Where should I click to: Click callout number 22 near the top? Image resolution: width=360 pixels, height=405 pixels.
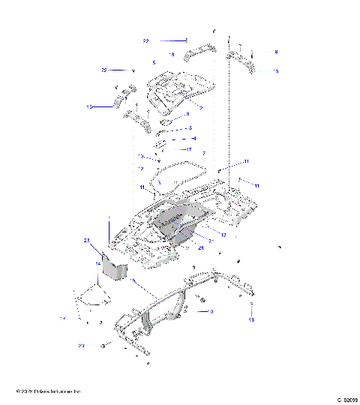point(145,40)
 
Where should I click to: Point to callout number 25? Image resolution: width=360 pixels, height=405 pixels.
point(105,70)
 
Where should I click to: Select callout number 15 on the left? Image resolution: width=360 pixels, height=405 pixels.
point(89,107)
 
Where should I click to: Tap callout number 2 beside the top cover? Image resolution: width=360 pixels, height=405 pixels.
point(201,107)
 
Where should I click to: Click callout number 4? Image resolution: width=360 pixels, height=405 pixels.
point(193,139)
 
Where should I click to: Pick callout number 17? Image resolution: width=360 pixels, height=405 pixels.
point(189,149)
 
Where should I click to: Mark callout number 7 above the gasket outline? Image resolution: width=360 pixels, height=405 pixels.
point(203,153)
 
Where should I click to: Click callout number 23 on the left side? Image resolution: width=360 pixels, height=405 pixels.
point(87,240)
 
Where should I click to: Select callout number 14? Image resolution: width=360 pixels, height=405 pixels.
point(97,264)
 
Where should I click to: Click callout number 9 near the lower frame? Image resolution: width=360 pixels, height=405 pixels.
point(190,311)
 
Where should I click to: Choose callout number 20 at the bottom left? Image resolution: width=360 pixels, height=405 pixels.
point(81,346)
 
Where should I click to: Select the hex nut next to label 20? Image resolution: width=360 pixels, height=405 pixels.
point(100,346)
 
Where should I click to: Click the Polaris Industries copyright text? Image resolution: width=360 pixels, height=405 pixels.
point(48,391)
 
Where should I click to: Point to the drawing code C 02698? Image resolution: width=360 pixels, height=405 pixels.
point(346,400)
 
